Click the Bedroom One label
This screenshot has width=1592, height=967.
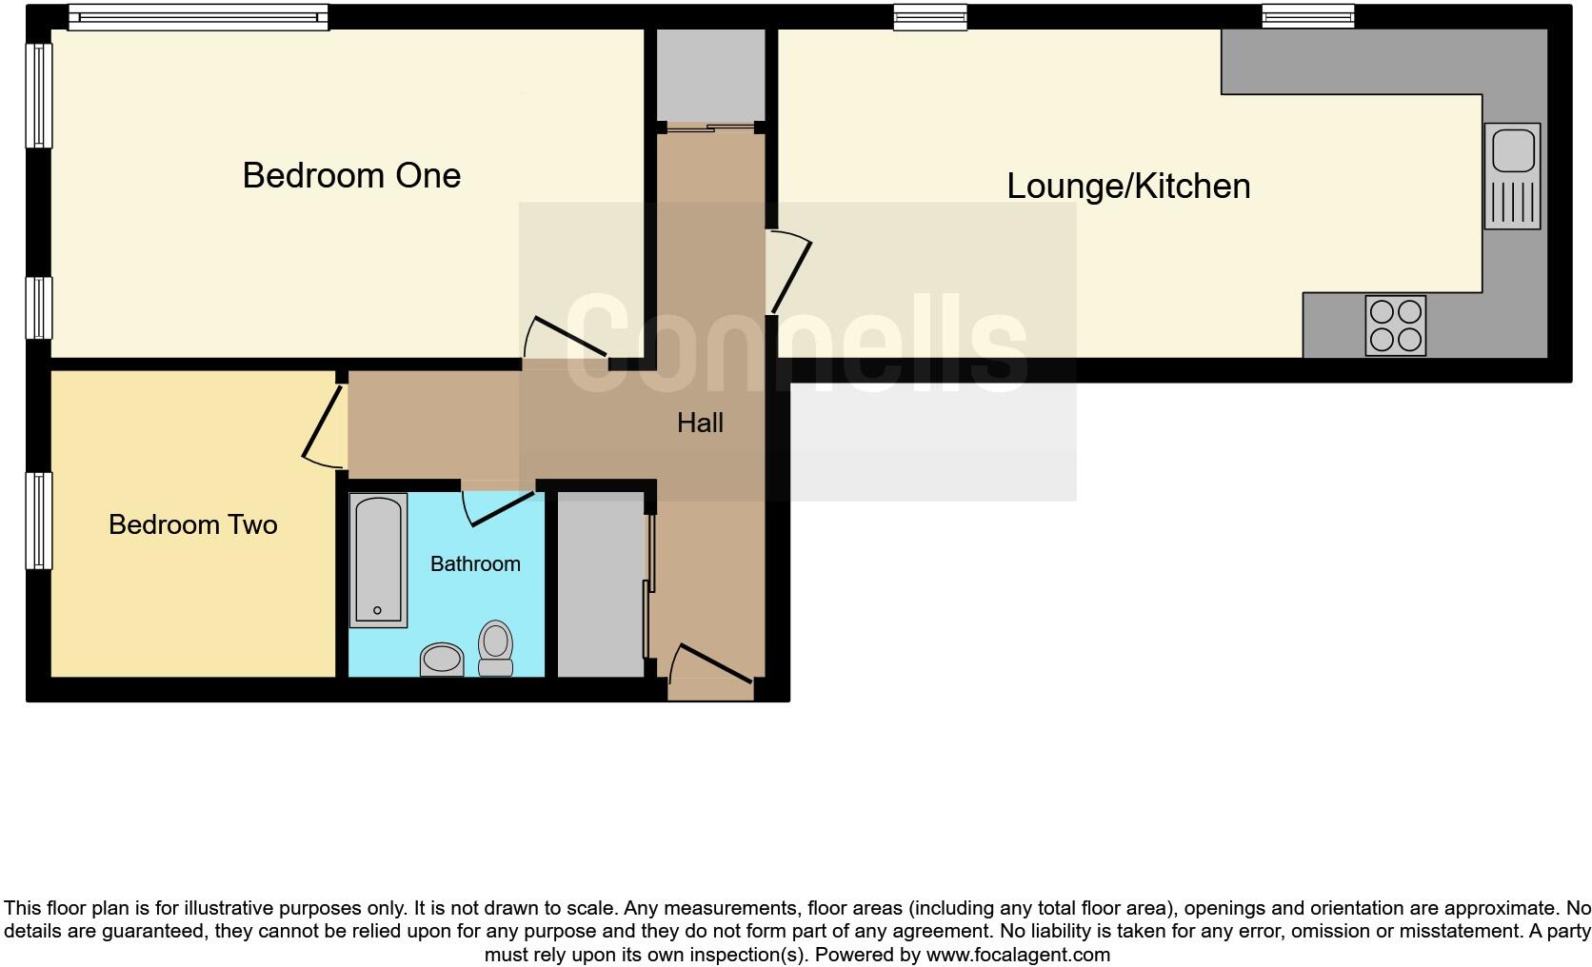coord(351,175)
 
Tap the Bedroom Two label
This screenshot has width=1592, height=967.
coord(192,524)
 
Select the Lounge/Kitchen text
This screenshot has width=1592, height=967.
coord(1128,186)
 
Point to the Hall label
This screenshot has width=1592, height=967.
coord(700,423)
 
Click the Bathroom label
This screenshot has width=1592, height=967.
coord(475,563)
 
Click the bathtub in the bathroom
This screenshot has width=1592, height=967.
coord(378,559)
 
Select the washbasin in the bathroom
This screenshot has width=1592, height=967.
coord(442,659)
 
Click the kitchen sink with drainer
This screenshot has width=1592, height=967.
coord(1512,176)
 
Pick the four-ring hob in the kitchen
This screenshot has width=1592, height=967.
coord(1395,326)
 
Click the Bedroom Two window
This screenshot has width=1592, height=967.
coord(39,521)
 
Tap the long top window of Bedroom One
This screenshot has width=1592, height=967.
coord(197,17)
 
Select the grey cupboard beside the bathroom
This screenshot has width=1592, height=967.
coord(600,584)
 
